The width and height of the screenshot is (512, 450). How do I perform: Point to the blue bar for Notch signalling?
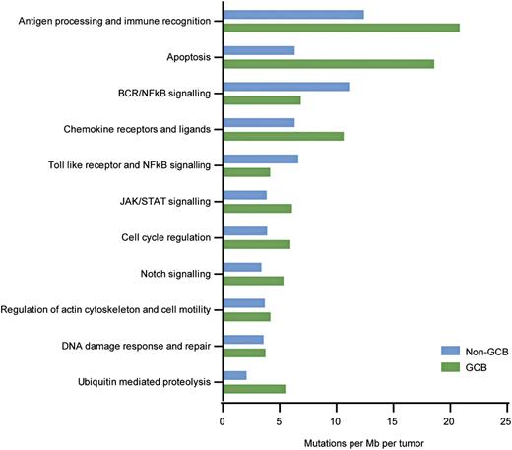click(x=242, y=267)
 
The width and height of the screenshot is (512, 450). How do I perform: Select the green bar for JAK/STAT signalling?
click(x=258, y=208)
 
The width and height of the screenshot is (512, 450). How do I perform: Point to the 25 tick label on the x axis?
click(x=506, y=418)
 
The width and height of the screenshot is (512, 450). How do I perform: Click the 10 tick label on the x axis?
click(x=337, y=418)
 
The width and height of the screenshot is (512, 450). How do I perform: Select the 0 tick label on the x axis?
click(x=224, y=418)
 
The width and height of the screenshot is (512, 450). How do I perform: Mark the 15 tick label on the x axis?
click(x=393, y=418)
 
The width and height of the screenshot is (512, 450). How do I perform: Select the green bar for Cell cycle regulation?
click(x=257, y=244)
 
